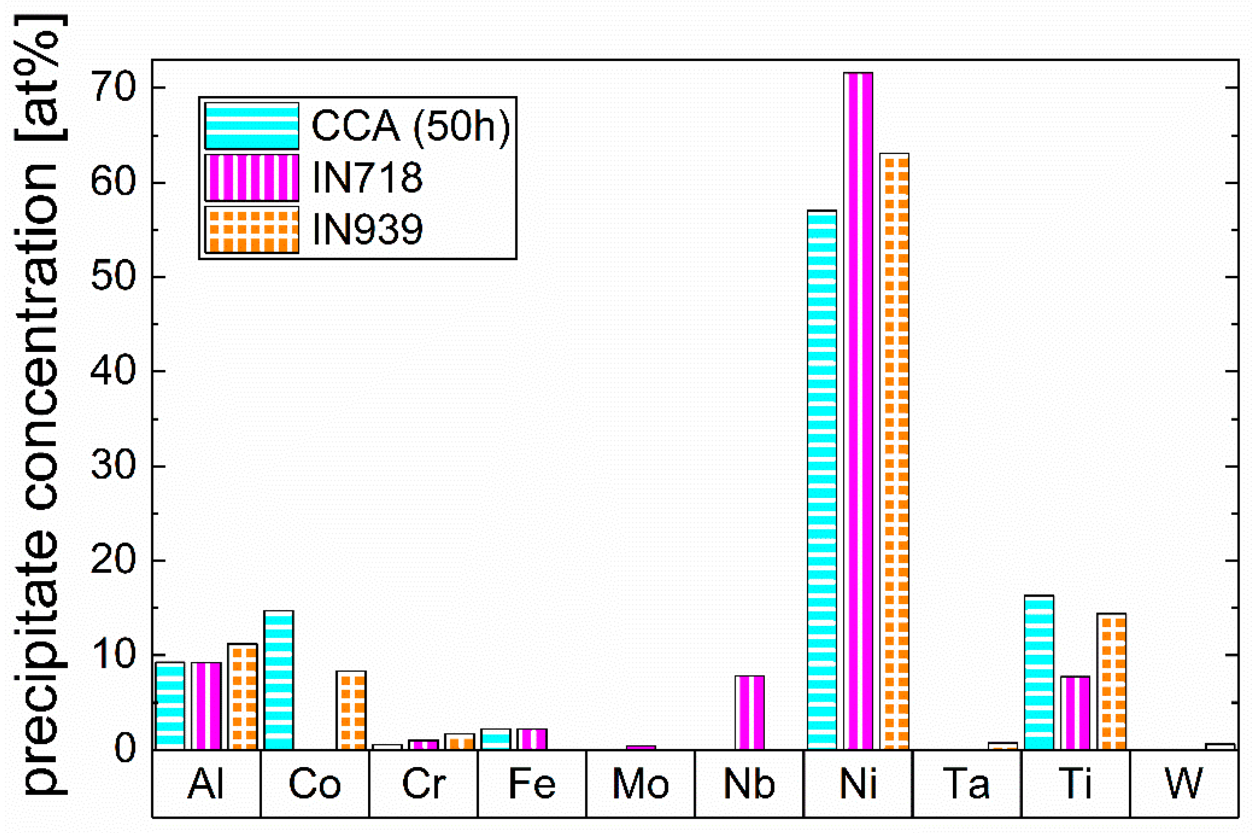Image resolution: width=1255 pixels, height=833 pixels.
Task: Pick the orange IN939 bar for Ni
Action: pos(894,451)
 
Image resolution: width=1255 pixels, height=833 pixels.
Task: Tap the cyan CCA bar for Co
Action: pos(279,680)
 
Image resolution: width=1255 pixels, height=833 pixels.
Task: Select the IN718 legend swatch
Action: pos(252,177)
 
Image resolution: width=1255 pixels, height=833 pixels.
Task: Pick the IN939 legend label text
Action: pos(367,230)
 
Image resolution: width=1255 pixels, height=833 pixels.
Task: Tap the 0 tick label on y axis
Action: pos(125,749)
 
